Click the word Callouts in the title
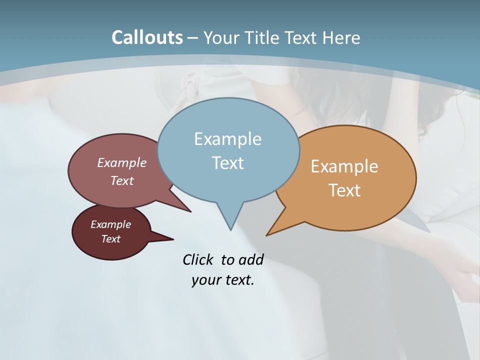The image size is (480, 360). pos(147,37)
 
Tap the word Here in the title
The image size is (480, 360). pos(341,37)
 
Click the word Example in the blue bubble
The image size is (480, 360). pos(227,139)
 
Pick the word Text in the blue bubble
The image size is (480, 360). pos(227,163)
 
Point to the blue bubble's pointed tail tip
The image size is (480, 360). pos(230,230)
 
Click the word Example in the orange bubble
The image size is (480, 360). pos(344,166)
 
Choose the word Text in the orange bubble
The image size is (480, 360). pos(344,190)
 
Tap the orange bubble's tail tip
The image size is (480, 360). pos(266,235)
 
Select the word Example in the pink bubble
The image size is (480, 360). pos(122,162)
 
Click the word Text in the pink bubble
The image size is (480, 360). pos(122,180)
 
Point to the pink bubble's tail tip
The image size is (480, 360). pos(191,212)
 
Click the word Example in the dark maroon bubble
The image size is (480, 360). pos(110,224)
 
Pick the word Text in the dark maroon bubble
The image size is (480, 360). pos(110,239)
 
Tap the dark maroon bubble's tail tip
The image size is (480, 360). pos(173,239)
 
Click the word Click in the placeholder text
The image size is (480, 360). pos(198,259)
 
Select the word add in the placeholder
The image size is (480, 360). pos(250,259)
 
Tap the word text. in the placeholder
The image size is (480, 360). pos(238,280)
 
